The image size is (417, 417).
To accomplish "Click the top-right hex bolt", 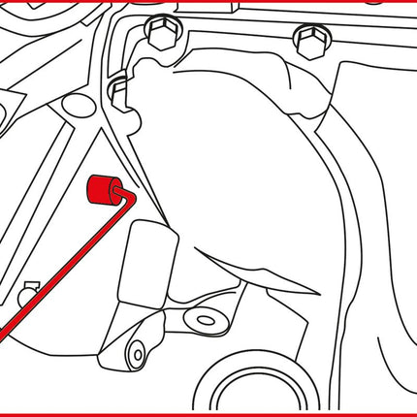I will (x=309, y=42).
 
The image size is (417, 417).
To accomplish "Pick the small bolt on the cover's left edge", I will (x=119, y=91).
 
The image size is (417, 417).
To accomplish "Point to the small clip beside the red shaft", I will (x=28, y=289).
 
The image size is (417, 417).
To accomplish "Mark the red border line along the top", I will (x=208, y=2).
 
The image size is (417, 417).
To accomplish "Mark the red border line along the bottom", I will (x=208, y=414).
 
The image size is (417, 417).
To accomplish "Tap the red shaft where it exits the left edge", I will (x=4, y=335).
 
